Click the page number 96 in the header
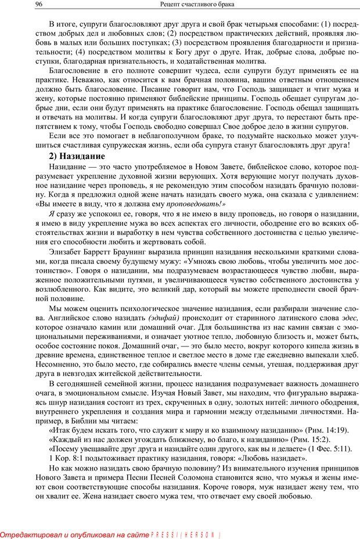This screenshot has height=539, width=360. (x=23, y=5)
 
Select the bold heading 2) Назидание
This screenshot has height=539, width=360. (x=77, y=156)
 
